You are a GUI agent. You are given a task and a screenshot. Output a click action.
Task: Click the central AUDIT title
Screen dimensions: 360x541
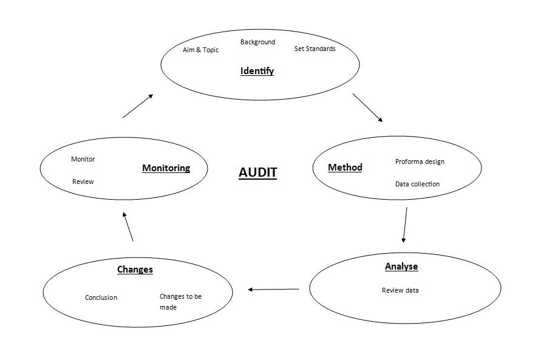[257, 172]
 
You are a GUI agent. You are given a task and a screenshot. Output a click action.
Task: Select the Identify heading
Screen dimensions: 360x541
[257, 71]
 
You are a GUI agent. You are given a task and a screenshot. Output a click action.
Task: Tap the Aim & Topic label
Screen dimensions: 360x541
[200, 50]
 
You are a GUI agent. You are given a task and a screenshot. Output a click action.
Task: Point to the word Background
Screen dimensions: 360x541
[257, 42]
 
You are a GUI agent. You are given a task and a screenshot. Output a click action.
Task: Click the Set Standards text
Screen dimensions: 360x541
[315, 49]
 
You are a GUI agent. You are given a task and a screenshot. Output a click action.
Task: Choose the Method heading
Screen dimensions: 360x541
[345, 168]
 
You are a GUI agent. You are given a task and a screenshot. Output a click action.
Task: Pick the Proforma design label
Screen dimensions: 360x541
[420, 161]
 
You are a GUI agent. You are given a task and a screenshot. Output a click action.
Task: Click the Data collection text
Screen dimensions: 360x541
[417, 184]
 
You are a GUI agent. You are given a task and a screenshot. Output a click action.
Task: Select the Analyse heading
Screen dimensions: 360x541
[401, 267]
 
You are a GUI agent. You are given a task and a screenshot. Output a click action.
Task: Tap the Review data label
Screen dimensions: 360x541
[400, 290]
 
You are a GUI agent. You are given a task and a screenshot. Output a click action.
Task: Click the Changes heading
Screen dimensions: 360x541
[135, 270]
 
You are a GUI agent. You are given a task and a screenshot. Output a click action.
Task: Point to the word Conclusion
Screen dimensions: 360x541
[101, 297]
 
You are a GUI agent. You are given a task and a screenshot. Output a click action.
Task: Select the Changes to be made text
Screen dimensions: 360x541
[180, 302]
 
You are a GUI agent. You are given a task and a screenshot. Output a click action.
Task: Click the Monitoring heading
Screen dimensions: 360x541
[166, 168]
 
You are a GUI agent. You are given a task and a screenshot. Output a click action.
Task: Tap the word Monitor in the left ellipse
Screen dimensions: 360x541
[83, 159]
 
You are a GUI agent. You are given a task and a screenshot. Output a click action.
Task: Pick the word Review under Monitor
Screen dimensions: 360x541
[83, 182]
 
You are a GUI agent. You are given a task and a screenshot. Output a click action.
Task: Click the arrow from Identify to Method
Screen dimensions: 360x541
[367, 107]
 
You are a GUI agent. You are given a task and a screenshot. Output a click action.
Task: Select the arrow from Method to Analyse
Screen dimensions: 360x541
[405, 225]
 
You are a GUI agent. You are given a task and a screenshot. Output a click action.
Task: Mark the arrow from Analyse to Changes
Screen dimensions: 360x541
[273, 290]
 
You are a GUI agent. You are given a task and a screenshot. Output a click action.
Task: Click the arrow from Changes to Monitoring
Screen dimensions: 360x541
[128, 226]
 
